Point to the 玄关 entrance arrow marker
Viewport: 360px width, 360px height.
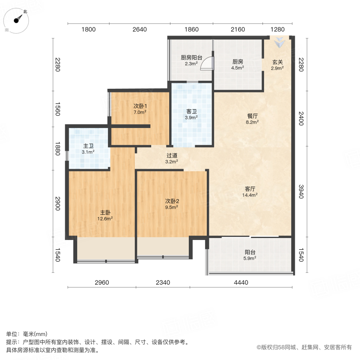280,41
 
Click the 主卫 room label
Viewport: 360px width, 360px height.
88,149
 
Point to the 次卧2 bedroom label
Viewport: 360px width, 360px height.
172,204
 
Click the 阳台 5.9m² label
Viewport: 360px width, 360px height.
250,255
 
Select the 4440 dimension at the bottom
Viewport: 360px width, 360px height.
241,282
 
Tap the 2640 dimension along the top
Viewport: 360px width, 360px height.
140,29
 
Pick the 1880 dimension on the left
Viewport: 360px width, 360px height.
58,149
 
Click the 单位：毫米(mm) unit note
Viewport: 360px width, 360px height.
26,334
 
